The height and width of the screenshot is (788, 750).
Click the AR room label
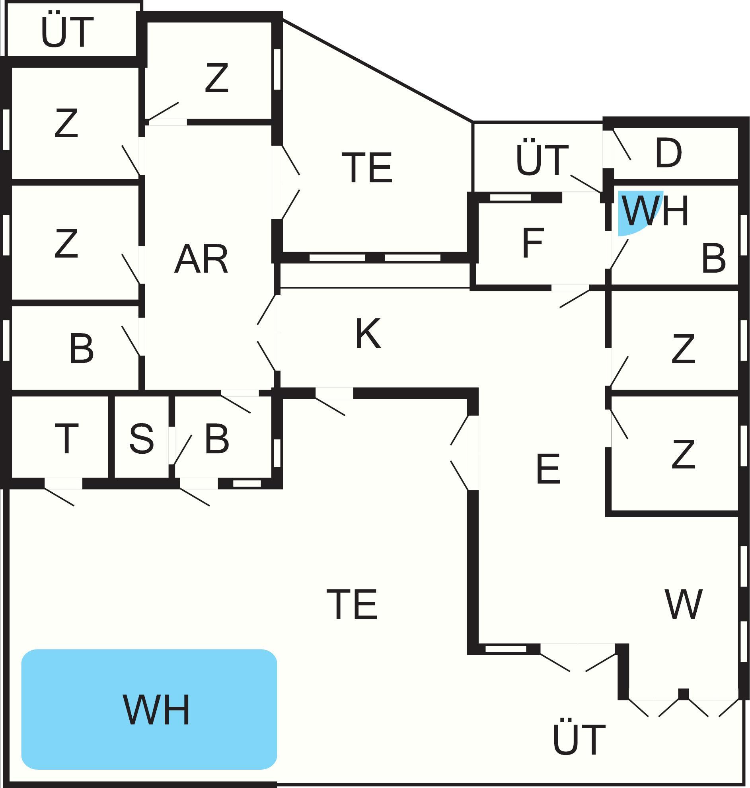point(201,259)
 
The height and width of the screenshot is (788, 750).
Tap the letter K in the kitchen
point(368,334)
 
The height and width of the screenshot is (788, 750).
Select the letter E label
point(548,468)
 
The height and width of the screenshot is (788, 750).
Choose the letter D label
point(668,153)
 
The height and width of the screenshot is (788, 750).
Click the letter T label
point(66,439)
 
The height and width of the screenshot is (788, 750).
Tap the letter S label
point(142,439)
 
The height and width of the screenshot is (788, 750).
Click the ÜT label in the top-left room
point(67,32)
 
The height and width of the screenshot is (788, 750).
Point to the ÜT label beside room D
point(542,160)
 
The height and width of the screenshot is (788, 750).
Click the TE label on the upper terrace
point(367,168)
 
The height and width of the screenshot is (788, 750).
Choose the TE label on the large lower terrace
point(352,604)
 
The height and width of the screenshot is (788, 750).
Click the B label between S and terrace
point(217,439)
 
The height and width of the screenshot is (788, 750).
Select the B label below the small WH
point(714,259)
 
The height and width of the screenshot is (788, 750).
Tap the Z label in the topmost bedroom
point(217,78)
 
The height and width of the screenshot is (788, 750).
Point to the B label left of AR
point(82,349)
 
